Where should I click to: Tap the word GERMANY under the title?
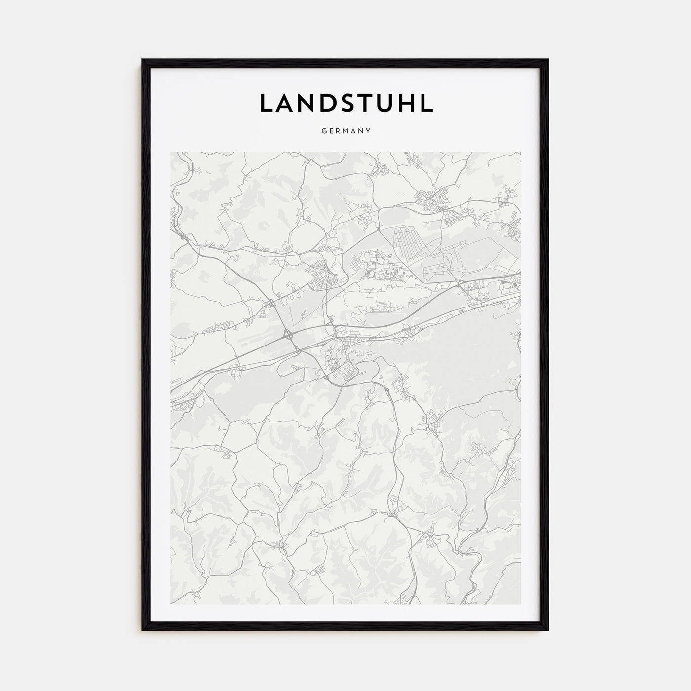(346, 131)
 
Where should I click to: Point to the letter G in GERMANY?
(323, 131)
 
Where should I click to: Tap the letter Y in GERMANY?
(369, 131)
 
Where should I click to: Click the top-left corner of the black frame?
(143, 60)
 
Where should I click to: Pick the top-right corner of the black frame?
(548, 60)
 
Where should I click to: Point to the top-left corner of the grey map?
(171, 153)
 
